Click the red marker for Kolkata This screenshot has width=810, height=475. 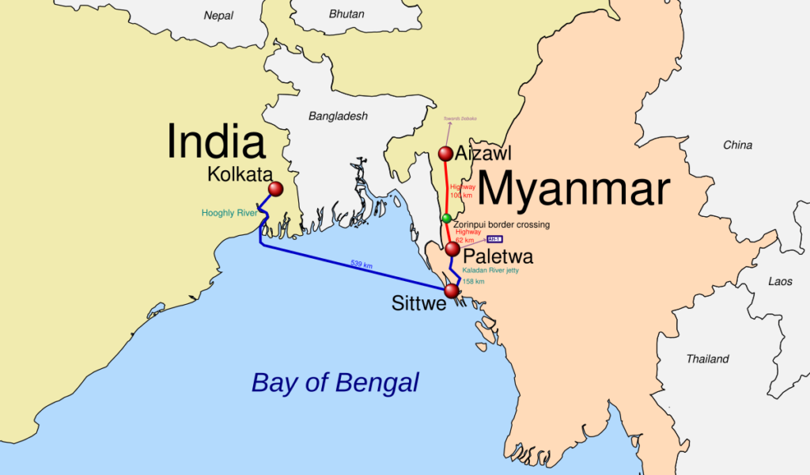275,189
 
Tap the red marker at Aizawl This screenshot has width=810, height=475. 445,153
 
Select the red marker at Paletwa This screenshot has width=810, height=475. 452,249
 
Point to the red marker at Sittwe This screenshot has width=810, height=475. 452,291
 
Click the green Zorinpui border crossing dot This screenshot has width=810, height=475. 446,218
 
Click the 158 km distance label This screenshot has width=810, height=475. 473,281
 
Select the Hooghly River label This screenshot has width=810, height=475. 229,213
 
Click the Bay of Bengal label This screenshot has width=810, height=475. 335,383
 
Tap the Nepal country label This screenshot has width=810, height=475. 219,15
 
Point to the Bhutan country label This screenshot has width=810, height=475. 346,14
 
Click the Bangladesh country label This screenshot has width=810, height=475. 338,116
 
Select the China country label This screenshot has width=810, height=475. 737,145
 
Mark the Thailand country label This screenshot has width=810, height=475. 707,359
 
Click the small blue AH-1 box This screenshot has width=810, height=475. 494,239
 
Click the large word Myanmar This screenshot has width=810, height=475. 573,191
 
